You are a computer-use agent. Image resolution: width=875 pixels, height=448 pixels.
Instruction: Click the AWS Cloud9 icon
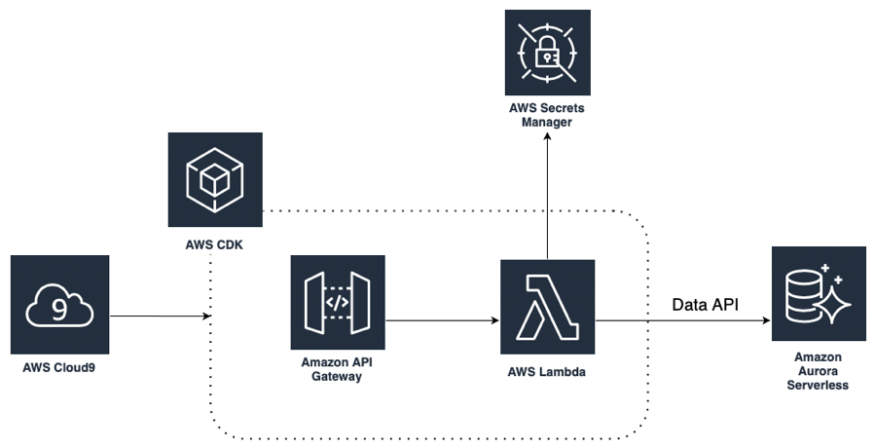[59, 304]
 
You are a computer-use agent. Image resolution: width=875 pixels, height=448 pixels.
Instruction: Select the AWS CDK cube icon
[214, 180]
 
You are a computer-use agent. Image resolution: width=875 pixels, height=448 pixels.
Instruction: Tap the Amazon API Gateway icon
[338, 302]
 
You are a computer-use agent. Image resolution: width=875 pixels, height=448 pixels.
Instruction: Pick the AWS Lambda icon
[547, 306]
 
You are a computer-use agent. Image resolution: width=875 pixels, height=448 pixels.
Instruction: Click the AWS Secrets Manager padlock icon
[547, 56]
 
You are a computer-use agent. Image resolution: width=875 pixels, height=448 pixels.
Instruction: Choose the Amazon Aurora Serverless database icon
[818, 293]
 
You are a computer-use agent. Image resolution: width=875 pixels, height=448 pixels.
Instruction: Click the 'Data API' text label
[705, 305]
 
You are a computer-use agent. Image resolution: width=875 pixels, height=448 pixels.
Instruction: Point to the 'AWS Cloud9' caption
[59, 369]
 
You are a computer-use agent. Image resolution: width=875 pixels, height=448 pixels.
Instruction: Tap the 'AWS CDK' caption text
[214, 243]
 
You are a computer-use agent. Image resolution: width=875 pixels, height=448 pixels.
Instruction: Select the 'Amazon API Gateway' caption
[338, 369]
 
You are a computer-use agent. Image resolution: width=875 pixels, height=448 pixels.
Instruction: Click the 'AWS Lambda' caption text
[547, 371]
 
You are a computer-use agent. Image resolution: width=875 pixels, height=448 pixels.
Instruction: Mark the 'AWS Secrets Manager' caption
[547, 116]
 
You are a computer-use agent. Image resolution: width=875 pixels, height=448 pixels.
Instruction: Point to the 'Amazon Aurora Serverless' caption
[818, 371]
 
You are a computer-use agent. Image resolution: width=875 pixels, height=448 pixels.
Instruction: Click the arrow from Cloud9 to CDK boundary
[161, 317]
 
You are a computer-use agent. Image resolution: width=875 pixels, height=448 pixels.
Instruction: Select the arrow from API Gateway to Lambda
[443, 317]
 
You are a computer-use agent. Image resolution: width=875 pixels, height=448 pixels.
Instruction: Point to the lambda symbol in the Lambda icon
[547, 306]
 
